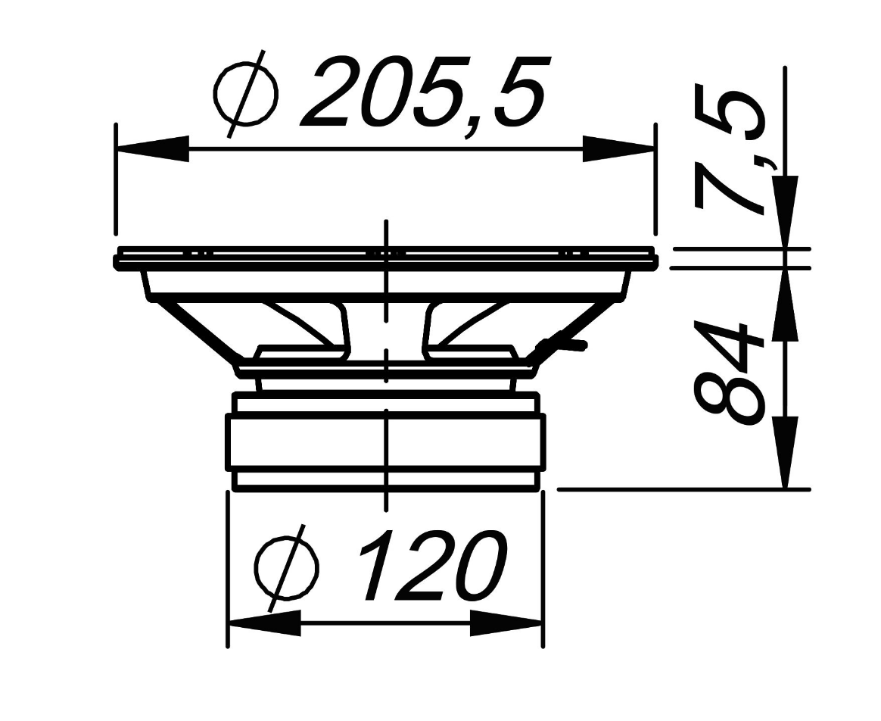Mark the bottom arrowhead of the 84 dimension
pos(786,451)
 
